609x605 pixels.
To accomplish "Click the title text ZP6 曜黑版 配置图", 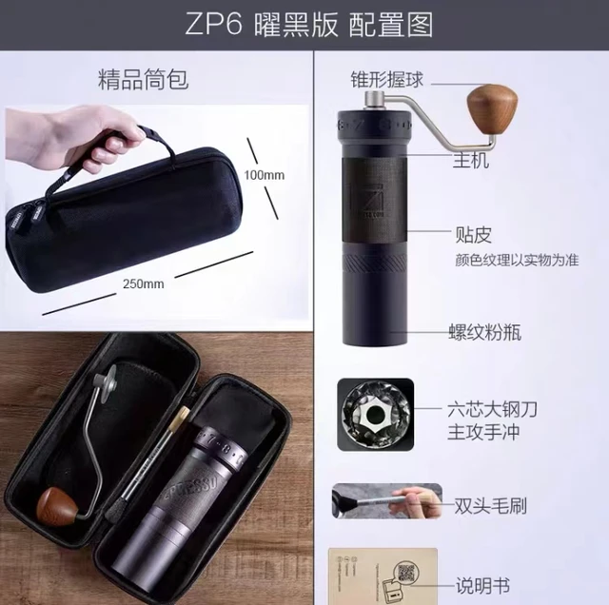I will (304, 24).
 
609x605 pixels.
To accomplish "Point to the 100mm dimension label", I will (264, 175).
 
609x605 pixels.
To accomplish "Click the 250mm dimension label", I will (143, 283).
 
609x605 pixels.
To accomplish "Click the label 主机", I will (472, 162).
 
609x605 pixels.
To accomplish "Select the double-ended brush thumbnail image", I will (386, 500).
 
